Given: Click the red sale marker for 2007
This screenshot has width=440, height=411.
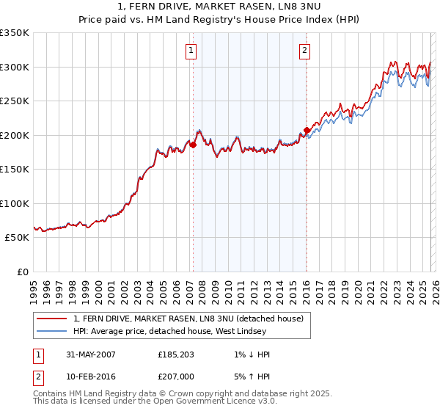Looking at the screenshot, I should [194, 145].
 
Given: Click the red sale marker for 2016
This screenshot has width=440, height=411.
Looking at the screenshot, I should [306, 131].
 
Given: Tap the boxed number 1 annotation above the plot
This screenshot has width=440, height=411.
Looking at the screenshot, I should [191, 51].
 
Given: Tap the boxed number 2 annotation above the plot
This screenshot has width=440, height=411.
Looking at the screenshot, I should [304, 51].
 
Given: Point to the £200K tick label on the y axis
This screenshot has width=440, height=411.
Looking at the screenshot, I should [15, 135].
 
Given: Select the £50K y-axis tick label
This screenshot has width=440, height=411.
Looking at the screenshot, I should [18, 238].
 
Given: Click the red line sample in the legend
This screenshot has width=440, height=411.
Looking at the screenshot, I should [52, 319].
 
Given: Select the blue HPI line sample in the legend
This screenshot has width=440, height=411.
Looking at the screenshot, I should [52, 331].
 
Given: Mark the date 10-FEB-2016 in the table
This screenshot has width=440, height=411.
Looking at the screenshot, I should [90, 377].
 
